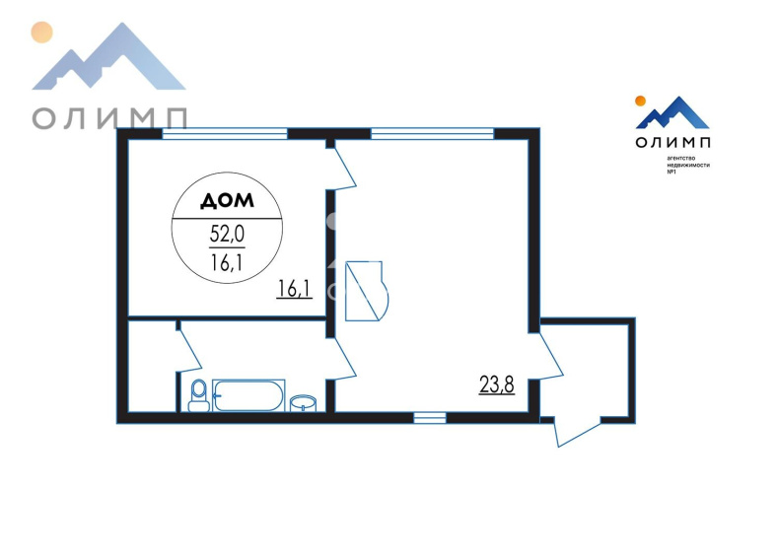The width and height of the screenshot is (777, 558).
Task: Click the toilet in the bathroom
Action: pyautogui.click(x=199, y=395)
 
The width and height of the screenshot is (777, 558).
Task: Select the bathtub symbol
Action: pyautogui.click(x=248, y=395)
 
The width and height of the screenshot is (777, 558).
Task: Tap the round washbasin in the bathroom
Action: pyautogui.click(x=303, y=403)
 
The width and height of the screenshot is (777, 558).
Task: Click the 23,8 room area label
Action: pyautogui.click(x=497, y=384)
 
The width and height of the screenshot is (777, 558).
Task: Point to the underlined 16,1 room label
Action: pyautogui.click(x=295, y=289)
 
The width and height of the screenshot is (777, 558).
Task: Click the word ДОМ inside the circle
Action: pyautogui.click(x=227, y=200)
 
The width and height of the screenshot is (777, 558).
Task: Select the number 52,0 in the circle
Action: pyautogui.click(x=227, y=233)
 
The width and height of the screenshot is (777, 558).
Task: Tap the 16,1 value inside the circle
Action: pyautogui.click(x=227, y=262)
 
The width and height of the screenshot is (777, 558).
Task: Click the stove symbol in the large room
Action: pyautogui.click(x=366, y=291)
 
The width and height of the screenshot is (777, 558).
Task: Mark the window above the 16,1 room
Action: pyautogui.click(x=225, y=134)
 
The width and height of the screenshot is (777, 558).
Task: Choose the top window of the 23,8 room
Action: pyautogui.click(x=433, y=134)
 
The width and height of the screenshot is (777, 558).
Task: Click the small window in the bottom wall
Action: pyautogui.click(x=430, y=418)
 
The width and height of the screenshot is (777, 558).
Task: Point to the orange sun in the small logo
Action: pyautogui.click(x=640, y=102)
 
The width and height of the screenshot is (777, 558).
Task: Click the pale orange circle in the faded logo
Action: pyautogui.click(x=41, y=33)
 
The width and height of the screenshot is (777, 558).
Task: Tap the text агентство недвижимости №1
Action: pyautogui.click(x=688, y=165)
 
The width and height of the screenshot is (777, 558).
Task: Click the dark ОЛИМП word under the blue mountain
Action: pyautogui.click(x=672, y=142)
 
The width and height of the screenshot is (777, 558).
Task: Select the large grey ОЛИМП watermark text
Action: pyautogui.click(x=109, y=119)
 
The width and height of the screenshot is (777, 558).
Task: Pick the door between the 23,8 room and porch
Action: pyautogui.click(x=551, y=357)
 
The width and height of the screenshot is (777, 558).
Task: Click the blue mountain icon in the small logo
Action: pyautogui.click(x=672, y=113)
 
